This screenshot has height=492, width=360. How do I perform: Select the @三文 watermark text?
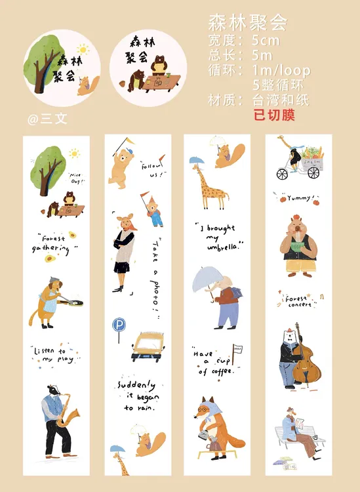[47, 119]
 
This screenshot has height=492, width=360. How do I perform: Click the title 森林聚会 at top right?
[248, 22]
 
